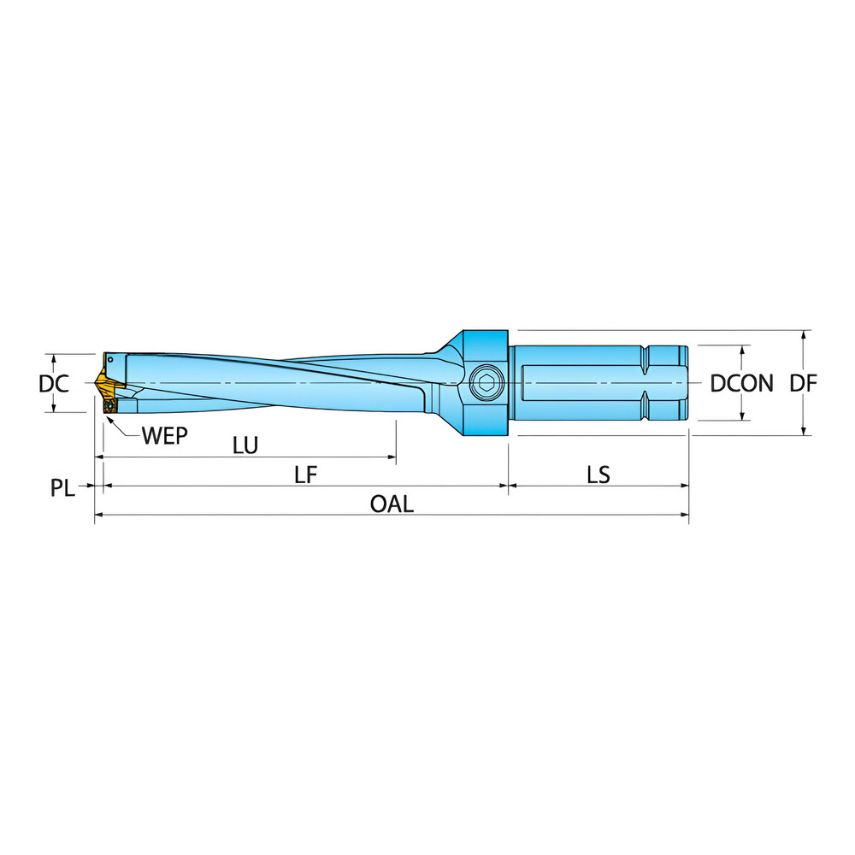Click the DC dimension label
pyautogui.click(x=53, y=384)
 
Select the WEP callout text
pyautogui.click(x=165, y=433)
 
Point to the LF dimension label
pyautogui.click(x=306, y=475)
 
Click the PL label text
pyautogui.click(x=62, y=488)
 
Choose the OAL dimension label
pyautogui.click(x=392, y=504)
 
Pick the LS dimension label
pyautogui.click(x=598, y=475)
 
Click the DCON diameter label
pyautogui.click(x=741, y=384)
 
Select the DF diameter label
pyautogui.click(x=803, y=384)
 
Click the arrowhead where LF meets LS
pyautogui.click(x=509, y=486)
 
